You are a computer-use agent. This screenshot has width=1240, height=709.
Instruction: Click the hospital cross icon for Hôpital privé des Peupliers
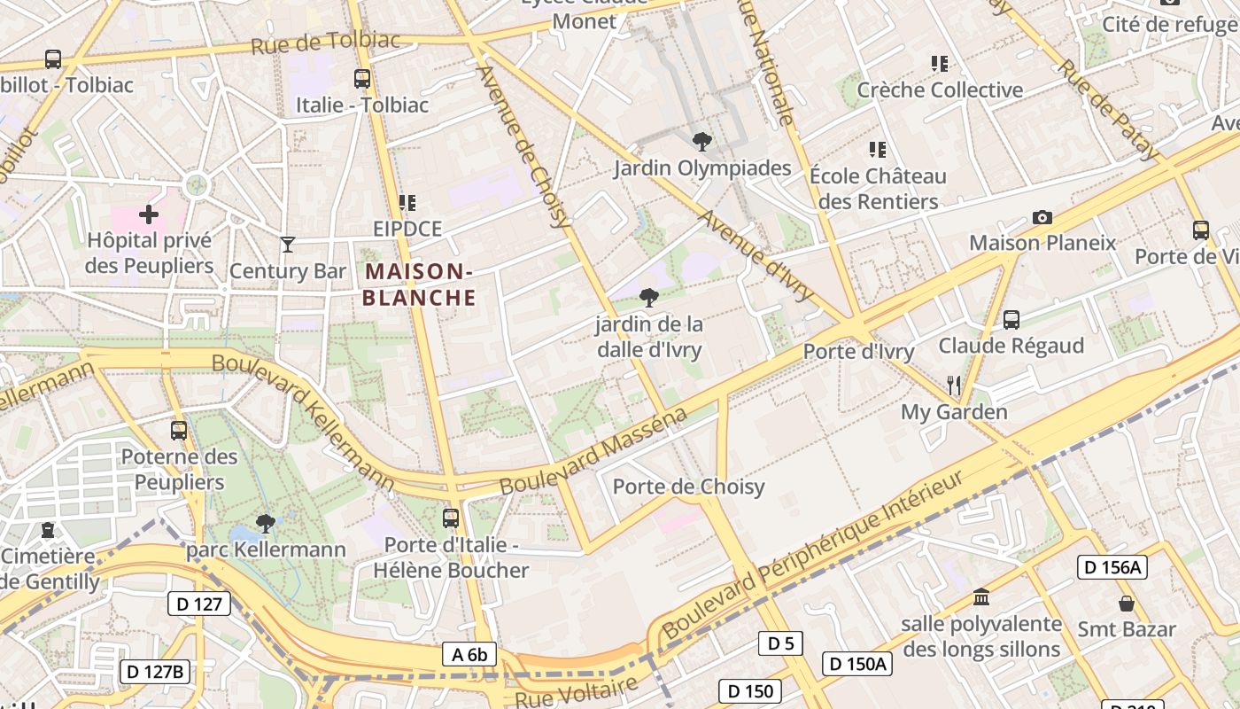(x=149, y=214)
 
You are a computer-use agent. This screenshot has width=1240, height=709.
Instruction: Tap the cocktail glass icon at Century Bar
(x=288, y=244)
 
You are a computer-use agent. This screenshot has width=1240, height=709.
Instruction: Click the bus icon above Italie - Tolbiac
(x=361, y=78)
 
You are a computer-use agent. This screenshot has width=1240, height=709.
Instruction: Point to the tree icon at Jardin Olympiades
(x=701, y=141)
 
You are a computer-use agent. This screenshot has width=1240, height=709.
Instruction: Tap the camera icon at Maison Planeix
(x=1042, y=217)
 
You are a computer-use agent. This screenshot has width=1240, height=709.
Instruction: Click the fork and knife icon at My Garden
(x=954, y=386)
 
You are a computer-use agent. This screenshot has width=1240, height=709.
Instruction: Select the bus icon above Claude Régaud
(x=1011, y=319)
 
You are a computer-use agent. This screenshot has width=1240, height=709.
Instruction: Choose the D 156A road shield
(x=1112, y=567)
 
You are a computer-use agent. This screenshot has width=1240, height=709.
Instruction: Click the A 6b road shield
(x=469, y=655)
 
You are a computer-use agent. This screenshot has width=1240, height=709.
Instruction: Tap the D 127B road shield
(x=155, y=672)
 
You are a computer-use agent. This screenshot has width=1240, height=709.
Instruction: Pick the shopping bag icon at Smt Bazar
(x=1126, y=604)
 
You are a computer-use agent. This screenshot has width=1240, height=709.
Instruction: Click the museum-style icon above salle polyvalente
(x=980, y=596)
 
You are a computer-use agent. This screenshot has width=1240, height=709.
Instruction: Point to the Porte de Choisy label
(x=688, y=487)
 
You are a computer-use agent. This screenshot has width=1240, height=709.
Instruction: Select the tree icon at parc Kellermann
(x=265, y=523)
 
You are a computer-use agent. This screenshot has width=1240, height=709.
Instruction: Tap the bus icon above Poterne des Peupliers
(x=179, y=431)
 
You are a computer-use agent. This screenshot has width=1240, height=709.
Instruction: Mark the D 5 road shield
(x=780, y=643)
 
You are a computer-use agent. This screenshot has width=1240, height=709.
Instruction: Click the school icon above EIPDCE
(x=407, y=203)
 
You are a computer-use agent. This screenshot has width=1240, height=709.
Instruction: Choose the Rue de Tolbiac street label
(x=325, y=42)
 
